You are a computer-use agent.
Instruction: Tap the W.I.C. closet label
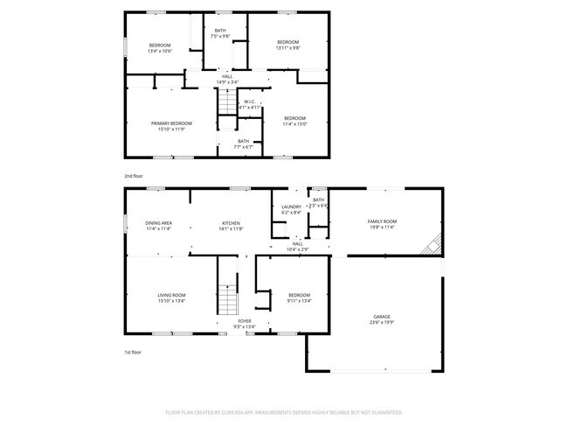tap(249, 104)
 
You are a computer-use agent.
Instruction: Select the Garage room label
tap(382, 318)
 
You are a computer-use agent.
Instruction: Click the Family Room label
tap(381, 224)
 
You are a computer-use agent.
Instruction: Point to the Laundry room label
tap(291, 209)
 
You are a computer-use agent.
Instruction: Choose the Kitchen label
tap(231, 226)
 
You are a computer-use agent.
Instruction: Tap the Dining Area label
tap(158, 226)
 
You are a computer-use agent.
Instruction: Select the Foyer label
tap(245, 324)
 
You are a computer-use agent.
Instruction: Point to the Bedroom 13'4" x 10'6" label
tap(160, 47)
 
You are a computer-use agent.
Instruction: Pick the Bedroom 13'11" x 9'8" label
tap(288, 45)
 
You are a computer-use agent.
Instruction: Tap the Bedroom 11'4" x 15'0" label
tap(294, 121)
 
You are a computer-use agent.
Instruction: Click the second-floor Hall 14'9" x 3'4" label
tap(227, 79)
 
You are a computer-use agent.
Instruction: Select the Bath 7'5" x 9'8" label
tap(220, 34)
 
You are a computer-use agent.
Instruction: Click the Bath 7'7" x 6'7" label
tap(243, 143)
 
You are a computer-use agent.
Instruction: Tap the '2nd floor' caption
tap(133, 176)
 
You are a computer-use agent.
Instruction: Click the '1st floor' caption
tap(133, 352)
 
